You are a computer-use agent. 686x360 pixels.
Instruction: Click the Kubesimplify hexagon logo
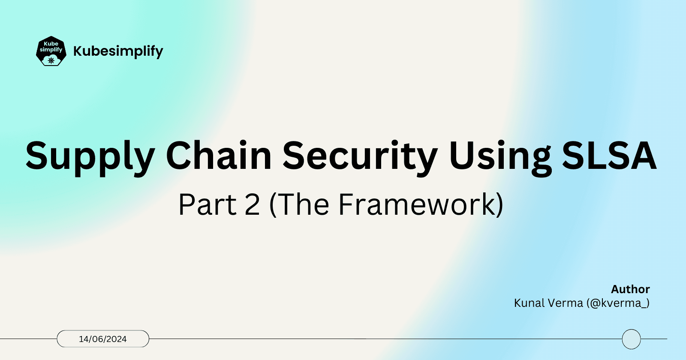(51, 51)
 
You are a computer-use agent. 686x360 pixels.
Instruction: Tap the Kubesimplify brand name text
(118, 51)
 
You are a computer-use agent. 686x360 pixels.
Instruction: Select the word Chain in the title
(219, 155)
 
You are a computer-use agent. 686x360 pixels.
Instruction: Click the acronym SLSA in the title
(609, 155)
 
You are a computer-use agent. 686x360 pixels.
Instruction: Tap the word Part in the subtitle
(207, 205)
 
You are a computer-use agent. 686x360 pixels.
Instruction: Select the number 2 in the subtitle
(252, 205)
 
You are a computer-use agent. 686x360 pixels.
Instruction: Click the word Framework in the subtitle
(417, 205)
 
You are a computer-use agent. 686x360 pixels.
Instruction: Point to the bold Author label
(630, 289)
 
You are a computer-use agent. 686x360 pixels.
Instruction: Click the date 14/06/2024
(103, 339)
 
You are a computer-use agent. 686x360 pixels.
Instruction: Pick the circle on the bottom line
(631, 339)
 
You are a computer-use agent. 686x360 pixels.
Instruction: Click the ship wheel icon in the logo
(51, 60)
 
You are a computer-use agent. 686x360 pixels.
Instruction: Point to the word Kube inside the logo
(51, 44)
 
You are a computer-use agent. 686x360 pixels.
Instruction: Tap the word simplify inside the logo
(51, 50)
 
